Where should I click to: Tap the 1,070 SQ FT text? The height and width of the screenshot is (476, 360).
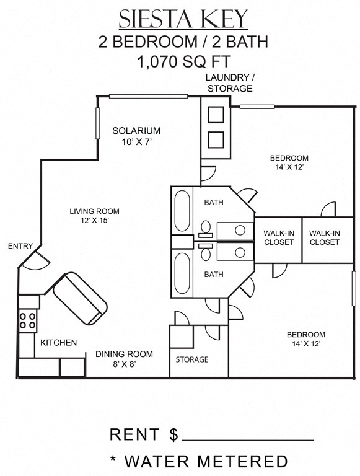click(x=183, y=61)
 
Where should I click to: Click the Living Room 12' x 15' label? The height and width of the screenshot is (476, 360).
click(x=94, y=216)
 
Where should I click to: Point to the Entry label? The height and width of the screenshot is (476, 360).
click(x=20, y=246)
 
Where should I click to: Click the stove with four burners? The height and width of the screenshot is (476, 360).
click(x=27, y=320)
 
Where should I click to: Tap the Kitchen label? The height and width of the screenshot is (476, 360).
click(x=59, y=343)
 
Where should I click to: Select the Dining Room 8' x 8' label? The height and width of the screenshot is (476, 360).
click(x=124, y=359)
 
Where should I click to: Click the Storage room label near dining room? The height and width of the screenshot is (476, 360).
click(x=191, y=359)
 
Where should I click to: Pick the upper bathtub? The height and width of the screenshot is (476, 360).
click(x=182, y=211)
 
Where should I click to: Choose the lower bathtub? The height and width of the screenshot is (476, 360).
click(x=182, y=272)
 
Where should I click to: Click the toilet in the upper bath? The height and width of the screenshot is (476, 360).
click(x=206, y=229)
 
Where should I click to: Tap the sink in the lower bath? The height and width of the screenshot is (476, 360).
click(x=240, y=251)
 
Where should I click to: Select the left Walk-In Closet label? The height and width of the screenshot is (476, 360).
click(x=279, y=237)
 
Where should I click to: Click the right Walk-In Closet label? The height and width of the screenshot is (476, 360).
click(x=325, y=237)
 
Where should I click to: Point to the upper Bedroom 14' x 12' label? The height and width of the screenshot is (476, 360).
click(x=289, y=162)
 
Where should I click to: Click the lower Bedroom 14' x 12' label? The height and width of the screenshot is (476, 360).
click(x=306, y=339)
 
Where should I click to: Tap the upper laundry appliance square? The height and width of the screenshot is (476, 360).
click(x=216, y=115)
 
